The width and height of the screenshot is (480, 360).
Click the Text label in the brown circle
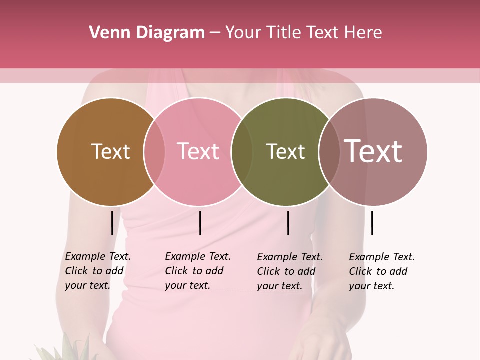110,151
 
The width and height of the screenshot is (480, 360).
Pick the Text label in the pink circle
198,151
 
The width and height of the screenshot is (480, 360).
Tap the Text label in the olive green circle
285,151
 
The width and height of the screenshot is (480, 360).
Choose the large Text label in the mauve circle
373,151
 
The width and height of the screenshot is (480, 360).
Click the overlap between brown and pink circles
154,152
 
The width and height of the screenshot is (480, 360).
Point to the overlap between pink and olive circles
242,152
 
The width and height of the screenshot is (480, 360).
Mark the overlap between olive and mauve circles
329,152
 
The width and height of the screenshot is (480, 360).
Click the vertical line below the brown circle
112,223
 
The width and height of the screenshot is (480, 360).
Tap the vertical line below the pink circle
200,223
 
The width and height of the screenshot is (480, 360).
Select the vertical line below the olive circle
288,223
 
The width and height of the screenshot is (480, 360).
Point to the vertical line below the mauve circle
372,223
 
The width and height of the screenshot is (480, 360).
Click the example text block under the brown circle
98,271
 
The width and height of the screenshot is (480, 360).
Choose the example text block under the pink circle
198,271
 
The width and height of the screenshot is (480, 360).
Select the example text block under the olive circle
290,271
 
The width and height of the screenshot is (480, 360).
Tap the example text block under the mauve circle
382,271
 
